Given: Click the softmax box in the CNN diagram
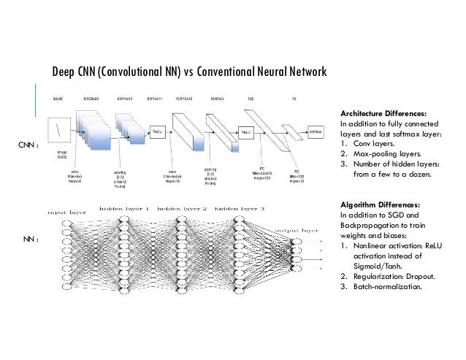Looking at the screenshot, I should coord(315,132).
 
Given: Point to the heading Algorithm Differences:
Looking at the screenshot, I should coord(373,206).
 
